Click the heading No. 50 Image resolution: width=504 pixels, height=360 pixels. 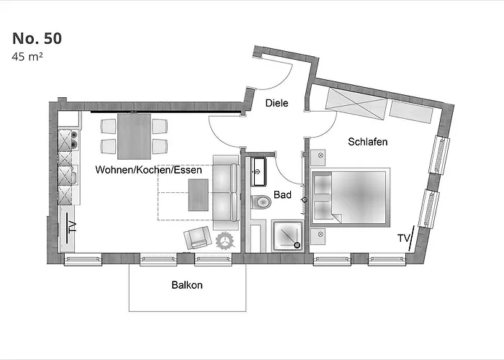click(37, 38)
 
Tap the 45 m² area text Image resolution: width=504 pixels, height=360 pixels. click(27, 57)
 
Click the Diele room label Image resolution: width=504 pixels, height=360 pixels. click(276, 103)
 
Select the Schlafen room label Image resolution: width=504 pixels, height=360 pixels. click(368, 142)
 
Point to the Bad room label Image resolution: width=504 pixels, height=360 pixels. click(282, 195)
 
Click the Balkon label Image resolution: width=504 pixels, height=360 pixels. click(187, 285)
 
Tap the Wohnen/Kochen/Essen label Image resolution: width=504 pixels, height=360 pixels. click(149, 170)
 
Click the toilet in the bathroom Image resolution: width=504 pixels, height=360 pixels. click(261, 202)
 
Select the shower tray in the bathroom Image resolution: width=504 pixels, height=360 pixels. click(288, 236)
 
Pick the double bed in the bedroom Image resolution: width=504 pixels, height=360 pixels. click(351, 196)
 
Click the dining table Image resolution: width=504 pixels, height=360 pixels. click(134, 136)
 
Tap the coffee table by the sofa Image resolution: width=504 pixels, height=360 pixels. click(198, 195)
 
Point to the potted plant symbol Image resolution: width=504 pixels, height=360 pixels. click(225, 240)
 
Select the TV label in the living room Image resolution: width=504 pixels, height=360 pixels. click(72, 227)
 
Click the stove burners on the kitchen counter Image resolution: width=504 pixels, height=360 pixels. click(74, 140)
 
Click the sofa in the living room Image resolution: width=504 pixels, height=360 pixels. click(226, 192)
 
